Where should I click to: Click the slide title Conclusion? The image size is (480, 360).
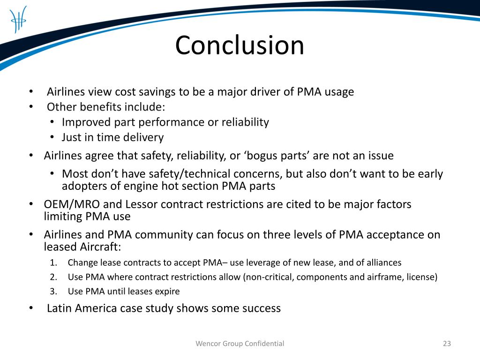tap(240, 46)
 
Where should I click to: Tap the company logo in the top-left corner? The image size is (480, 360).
tap(18, 19)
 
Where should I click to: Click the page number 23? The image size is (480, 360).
tap(447, 344)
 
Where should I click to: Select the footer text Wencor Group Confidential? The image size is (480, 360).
tap(240, 344)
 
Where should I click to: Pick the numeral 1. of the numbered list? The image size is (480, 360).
tap(53, 262)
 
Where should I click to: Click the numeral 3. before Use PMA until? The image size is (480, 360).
tap(53, 292)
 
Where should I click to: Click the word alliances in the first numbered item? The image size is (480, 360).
tap(384, 262)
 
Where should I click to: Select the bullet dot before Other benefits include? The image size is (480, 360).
tap(30, 107)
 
